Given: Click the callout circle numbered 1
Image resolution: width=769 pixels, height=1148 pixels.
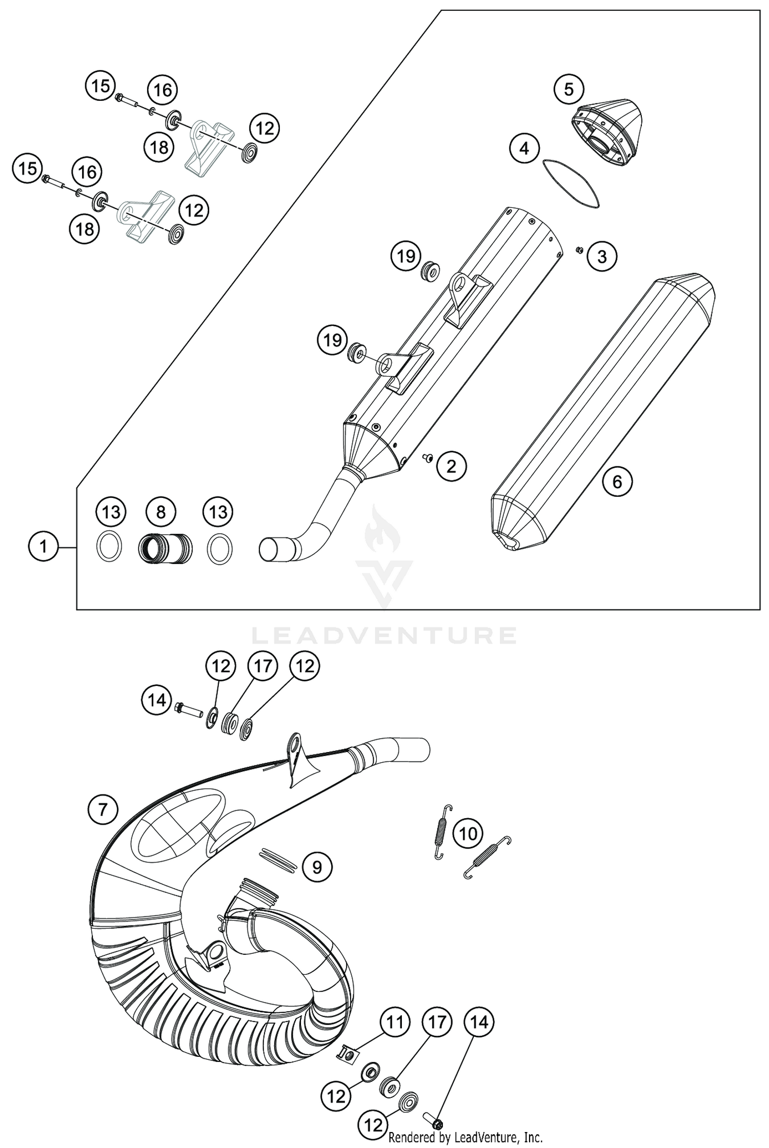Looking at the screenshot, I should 43,547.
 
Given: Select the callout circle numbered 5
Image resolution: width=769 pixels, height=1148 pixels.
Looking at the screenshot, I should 569,90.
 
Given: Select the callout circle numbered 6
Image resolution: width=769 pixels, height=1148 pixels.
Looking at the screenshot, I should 617,482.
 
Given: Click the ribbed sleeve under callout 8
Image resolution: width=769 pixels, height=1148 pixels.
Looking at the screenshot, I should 165,548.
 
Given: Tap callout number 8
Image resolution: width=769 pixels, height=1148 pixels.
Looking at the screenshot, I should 160,512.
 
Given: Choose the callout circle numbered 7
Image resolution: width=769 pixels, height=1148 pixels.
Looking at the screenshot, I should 103,809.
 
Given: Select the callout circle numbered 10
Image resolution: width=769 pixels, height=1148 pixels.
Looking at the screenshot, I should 468,834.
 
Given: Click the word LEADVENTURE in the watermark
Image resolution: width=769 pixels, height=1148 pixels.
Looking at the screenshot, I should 384,636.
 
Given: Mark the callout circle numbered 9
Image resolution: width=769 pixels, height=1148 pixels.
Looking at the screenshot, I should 317,867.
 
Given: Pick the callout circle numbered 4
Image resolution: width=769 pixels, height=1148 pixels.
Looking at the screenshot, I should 524,149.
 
